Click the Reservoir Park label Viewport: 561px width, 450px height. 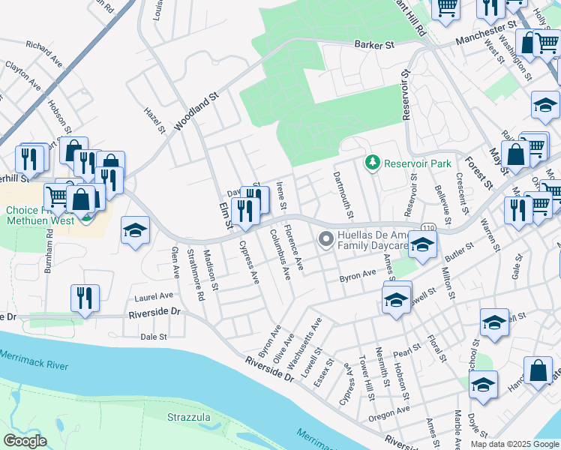[417, 163]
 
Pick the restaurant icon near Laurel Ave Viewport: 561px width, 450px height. [85, 298]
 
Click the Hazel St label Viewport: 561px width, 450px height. [154, 120]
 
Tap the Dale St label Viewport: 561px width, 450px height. [154, 337]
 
